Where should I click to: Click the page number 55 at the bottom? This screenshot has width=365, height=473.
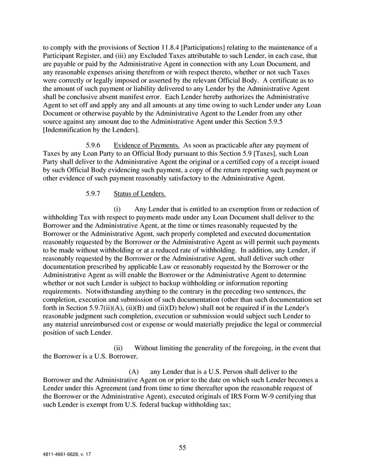tap(182, 448)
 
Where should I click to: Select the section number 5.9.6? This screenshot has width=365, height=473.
tap(94, 145)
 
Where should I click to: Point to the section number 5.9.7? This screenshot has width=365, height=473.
tap(94, 194)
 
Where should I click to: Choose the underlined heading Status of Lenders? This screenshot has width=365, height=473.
tap(140, 194)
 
